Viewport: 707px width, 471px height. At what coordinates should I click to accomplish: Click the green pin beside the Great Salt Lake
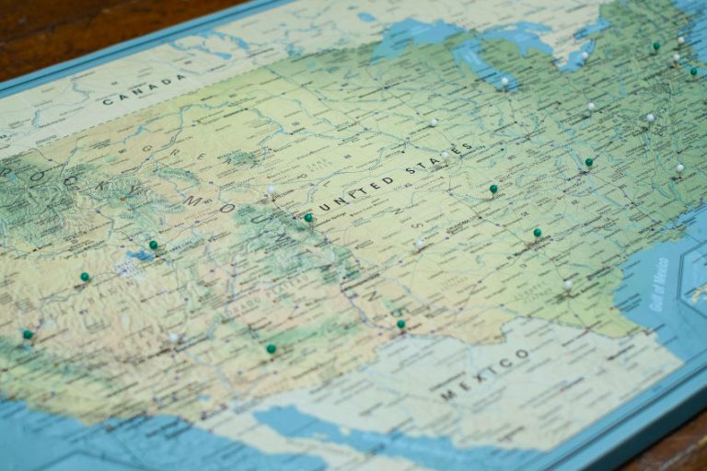point(154,245)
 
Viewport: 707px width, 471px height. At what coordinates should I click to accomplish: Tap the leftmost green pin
point(28,334)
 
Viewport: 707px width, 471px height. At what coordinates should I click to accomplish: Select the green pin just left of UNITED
point(308,218)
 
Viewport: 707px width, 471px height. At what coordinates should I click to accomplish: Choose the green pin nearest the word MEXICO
point(400,324)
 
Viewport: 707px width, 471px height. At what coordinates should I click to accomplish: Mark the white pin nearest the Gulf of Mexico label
point(567,284)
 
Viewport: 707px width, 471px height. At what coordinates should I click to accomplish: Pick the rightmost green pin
point(693,71)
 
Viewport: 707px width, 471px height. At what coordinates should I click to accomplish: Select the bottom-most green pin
point(271,349)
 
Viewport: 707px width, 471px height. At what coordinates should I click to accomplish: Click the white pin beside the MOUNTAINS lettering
point(271,190)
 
